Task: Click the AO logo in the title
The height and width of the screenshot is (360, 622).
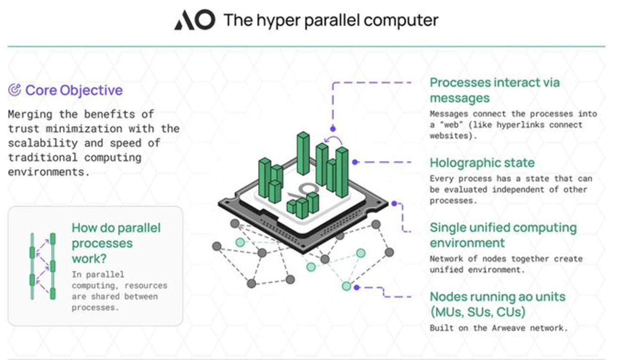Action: click(194, 20)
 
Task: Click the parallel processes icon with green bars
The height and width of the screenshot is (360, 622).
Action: click(43, 266)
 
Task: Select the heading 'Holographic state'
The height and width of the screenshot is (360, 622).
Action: click(482, 163)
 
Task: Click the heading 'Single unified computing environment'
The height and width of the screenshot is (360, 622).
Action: click(503, 235)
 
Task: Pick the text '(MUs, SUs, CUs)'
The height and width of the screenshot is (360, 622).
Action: click(477, 312)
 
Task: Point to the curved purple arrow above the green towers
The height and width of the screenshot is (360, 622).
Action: click(334, 141)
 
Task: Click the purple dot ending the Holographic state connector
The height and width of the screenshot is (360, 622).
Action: click(355, 162)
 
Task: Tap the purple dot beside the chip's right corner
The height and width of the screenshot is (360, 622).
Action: click(394, 204)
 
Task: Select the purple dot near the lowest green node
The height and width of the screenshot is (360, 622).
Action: click(357, 287)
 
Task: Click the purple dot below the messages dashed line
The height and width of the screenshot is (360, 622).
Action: click(333, 129)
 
